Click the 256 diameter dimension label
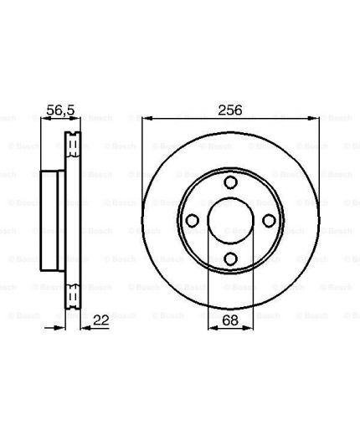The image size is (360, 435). coord(230,110)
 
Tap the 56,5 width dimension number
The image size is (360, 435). coord(60,110)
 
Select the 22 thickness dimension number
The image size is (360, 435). coord(100,320)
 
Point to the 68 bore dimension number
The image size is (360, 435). coord(230,320)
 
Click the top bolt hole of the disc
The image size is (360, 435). coord(231,182)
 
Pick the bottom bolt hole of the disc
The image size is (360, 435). coord(231,258)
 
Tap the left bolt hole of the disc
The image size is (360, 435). coord(193,221)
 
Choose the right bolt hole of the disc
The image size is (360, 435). coord(269,221)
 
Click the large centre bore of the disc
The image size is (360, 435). coord(231,221)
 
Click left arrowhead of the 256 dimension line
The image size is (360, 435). coord(147,119)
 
